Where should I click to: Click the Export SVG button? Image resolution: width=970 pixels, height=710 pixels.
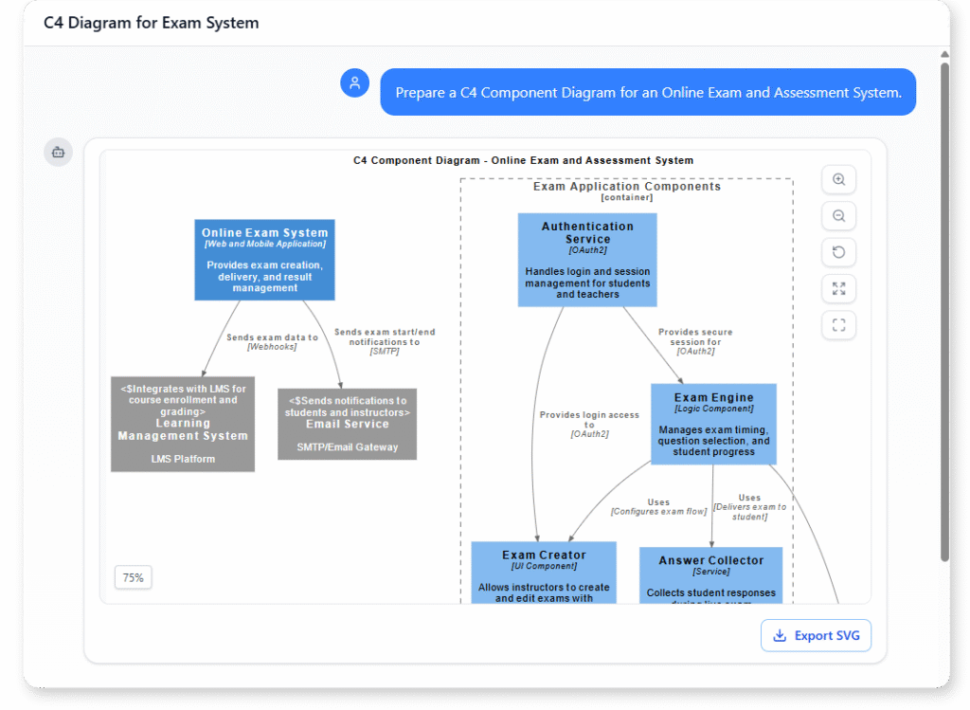816,635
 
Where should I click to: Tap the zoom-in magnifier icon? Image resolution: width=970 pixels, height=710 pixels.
838,180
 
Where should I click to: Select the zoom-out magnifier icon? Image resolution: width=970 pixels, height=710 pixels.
838,216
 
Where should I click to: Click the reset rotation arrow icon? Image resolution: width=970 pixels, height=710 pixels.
838,252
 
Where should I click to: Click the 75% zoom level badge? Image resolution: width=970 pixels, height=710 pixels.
133,577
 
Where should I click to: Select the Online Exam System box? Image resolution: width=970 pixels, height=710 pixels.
264,260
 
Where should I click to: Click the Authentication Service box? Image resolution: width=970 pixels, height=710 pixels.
587,260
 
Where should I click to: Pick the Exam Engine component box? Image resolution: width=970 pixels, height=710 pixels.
713,424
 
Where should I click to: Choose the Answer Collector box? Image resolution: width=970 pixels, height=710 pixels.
710,574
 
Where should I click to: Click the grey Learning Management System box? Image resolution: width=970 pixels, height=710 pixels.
183,424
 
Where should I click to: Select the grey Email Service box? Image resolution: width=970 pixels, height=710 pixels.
347,424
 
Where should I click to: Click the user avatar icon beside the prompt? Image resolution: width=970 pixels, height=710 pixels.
354,83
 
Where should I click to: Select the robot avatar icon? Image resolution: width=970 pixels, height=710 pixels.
58,152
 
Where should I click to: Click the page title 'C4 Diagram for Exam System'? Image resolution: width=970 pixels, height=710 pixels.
151,23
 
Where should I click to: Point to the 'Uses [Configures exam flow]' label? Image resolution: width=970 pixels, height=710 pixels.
658,506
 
